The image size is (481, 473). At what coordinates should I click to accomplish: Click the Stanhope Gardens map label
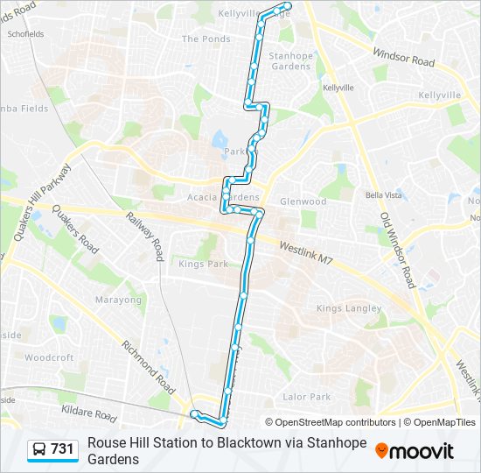click(x=290, y=61)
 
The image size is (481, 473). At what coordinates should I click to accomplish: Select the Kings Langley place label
click(x=349, y=308)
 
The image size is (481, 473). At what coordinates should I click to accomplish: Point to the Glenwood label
click(x=303, y=201)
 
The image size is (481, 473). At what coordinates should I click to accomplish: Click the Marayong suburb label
click(x=118, y=299)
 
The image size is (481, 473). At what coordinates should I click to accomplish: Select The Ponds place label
click(x=206, y=39)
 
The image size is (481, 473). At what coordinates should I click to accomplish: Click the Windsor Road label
click(x=403, y=58)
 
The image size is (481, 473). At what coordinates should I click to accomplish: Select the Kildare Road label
click(x=88, y=413)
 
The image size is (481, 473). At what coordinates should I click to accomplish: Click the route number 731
click(x=62, y=449)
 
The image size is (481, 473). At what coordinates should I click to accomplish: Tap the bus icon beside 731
click(x=39, y=450)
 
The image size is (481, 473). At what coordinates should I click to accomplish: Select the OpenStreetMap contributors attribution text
click(x=331, y=422)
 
